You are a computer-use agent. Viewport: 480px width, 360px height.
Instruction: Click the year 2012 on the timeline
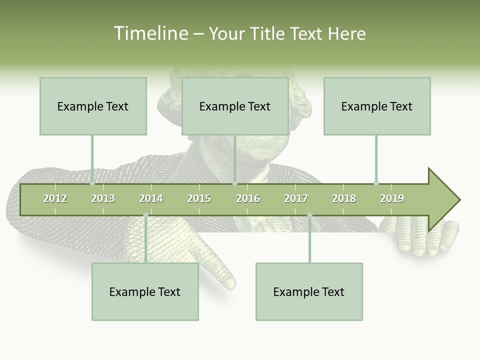click(55, 198)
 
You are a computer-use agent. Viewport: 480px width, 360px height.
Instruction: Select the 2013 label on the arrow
click(103, 198)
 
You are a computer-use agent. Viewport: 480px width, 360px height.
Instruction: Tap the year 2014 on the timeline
click(151, 198)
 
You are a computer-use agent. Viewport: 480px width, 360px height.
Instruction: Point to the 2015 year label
click(199, 198)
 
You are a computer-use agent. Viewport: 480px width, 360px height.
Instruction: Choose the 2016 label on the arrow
click(248, 198)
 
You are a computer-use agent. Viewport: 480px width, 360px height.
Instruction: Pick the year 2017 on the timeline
click(296, 198)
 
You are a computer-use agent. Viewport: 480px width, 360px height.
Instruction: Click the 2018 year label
click(344, 198)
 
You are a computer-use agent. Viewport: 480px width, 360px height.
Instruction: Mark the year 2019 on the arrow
click(392, 198)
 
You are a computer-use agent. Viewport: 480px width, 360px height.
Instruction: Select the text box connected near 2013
click(93, 106)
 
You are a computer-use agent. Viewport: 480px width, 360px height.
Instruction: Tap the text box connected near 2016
click(235, 106)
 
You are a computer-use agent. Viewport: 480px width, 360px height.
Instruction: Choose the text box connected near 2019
click(377, 106)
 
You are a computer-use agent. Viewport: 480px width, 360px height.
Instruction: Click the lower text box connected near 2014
click(145, 292)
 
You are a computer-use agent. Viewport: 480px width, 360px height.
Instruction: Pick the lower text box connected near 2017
click(309, 292)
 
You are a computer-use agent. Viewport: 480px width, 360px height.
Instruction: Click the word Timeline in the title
click(150, 33)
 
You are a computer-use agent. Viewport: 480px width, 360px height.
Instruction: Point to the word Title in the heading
click(268, 33)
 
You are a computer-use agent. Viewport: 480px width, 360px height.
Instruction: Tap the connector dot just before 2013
click(92, 183)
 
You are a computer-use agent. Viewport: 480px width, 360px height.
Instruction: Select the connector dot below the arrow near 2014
click(145, 215)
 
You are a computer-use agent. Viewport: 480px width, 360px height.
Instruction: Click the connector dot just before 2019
click(376, 183)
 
